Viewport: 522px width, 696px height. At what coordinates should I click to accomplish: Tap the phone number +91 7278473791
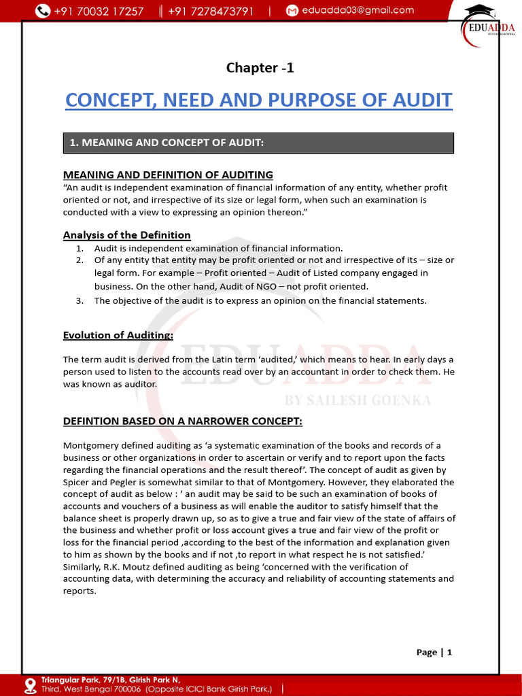click(210, 11)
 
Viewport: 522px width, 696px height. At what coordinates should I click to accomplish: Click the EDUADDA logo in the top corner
click(488, 27)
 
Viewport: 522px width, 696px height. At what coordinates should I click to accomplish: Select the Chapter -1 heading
click(260, 67)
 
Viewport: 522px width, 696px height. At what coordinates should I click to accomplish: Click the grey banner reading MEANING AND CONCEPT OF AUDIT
click(258, 143)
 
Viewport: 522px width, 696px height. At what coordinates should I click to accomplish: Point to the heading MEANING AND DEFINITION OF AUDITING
click(168, 175)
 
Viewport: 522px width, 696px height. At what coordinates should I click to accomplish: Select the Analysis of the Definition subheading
click(127, 235)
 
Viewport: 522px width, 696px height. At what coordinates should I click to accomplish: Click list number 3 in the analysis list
click(80, 301)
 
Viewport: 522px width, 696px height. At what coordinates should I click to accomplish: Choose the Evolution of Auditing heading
click(118, 335)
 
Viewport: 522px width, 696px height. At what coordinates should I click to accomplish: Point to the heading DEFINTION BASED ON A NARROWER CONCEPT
click(183, 421)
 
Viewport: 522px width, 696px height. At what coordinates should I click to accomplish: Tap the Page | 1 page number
click(434, 652)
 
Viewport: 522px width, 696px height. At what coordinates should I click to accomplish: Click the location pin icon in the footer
click(30, 685)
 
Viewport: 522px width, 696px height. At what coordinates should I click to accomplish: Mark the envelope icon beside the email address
click(292, 11)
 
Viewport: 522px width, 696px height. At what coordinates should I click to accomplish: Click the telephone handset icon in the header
click(43, 11)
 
